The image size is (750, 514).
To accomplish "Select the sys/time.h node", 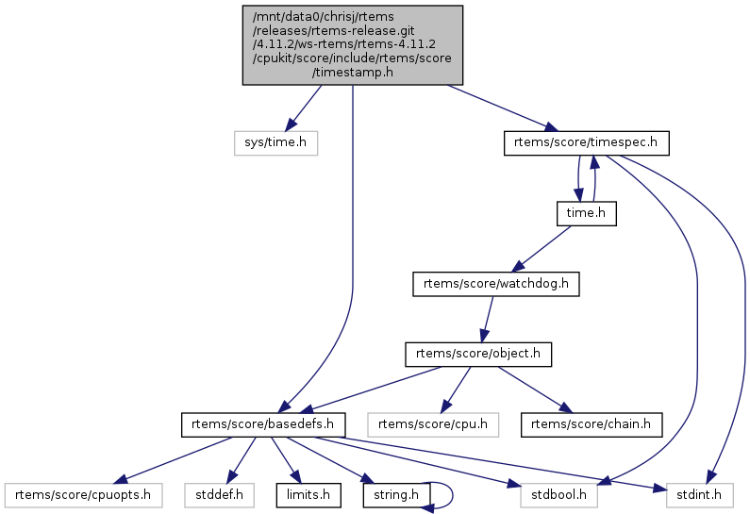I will click(275, 142).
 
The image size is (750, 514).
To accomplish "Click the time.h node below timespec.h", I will click(585, 213).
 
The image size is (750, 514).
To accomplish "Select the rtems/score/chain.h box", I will click(592, 423).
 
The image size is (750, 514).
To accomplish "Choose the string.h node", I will click(394, 493).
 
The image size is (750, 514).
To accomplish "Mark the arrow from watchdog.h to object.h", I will click(488, 319).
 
